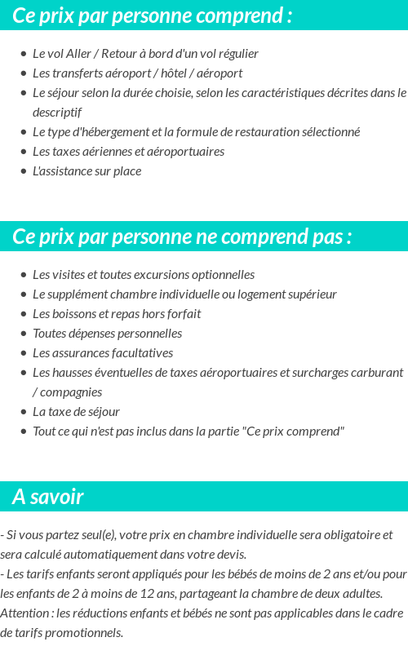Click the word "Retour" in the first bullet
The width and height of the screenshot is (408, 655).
(x=109, y=54)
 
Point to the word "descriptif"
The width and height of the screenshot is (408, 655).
(x=57, y=113)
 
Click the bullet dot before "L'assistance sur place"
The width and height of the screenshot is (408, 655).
(x=24, y=171)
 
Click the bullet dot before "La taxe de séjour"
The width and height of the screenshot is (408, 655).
(x=24, y=412)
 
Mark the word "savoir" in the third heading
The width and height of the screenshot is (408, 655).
(x=59, y=497)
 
